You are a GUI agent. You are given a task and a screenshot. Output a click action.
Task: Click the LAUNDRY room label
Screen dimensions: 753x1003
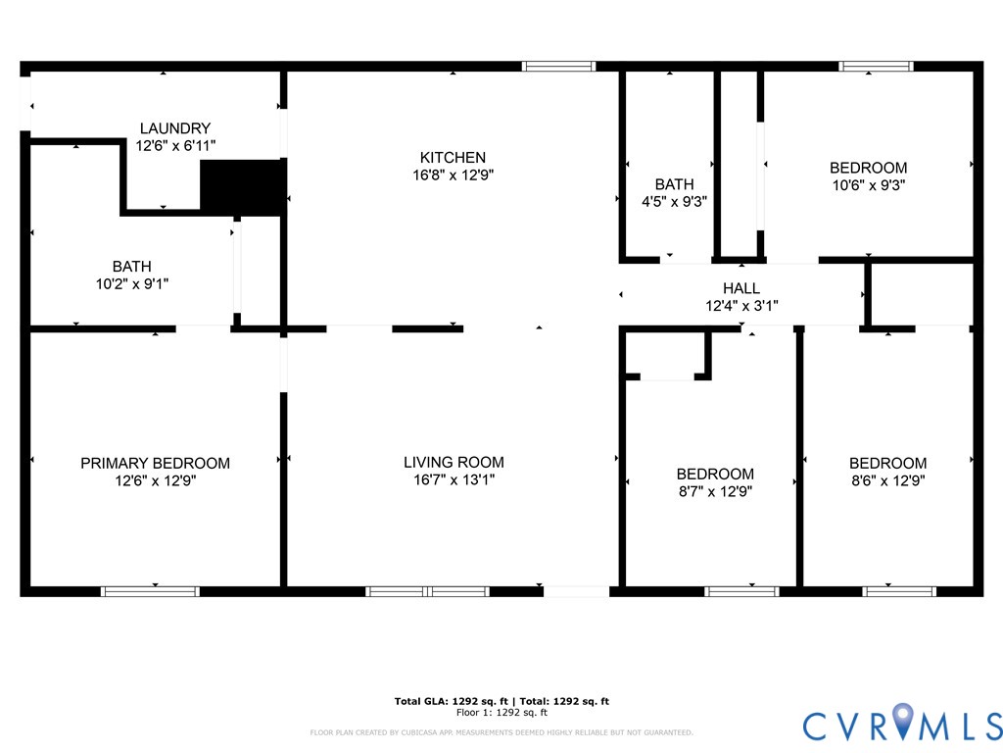tap(174, 128)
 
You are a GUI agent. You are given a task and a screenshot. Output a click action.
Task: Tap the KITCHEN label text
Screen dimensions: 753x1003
tap(453, 158)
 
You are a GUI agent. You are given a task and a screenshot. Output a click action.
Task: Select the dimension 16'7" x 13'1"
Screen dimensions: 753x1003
tap(454, 480)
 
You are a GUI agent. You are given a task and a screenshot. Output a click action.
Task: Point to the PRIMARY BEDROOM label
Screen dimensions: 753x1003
tap(155, 463)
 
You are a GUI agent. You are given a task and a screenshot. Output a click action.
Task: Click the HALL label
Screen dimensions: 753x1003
tap(741, 288)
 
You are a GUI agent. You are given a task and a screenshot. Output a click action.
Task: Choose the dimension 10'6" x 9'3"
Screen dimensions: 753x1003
tap(868, 185)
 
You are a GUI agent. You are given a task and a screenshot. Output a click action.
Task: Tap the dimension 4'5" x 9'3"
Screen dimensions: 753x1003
tap(674, 201)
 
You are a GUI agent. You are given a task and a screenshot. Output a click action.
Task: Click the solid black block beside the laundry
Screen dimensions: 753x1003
tap(241, 186)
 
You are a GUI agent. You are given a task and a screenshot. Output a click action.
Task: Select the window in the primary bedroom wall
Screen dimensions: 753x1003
tap(150, 591)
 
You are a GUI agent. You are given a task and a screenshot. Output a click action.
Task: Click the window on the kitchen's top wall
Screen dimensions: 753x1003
tap(558, 67)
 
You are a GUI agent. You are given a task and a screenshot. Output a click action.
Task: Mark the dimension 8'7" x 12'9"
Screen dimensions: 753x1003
tap(715, 491)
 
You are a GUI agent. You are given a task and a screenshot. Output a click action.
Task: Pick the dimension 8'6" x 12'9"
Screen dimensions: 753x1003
tap(887, 480)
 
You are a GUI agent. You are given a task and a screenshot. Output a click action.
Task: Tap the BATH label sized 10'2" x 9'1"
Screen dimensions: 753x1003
tap(131, 267)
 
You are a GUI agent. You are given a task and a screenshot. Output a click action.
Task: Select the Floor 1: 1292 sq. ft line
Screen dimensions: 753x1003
tap(501, 713)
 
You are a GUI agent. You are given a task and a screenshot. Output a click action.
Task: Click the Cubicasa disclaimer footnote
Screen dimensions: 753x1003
tap(501, 732)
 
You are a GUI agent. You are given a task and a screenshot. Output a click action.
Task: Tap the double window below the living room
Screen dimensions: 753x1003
tap(427, 591)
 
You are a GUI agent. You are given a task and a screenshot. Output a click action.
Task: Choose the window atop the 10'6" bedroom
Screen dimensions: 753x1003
tap(876, 67)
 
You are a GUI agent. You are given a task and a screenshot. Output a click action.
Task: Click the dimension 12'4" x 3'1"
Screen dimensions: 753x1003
tap(741, 305)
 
